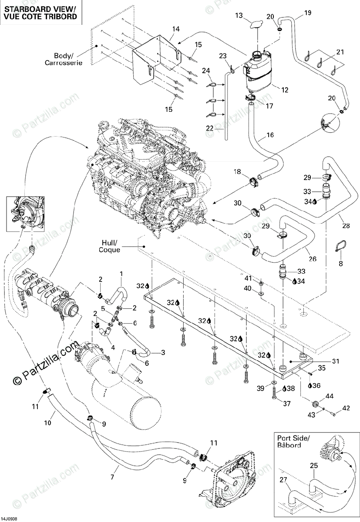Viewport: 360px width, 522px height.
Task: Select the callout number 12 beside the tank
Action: pyautogui.click(x=285, y=90)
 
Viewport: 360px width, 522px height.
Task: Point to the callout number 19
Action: pyautogui.click(x=308, y=13)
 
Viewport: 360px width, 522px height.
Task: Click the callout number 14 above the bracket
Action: pyautogui.click(x=175, y=30)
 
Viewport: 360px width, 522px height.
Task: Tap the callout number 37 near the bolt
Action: pyautogui.click(x=287, y=404)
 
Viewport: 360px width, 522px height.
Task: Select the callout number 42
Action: pyautogui.click(x=346, y=408)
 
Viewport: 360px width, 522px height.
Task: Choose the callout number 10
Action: pyautogui.click(x=48, y=422)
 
